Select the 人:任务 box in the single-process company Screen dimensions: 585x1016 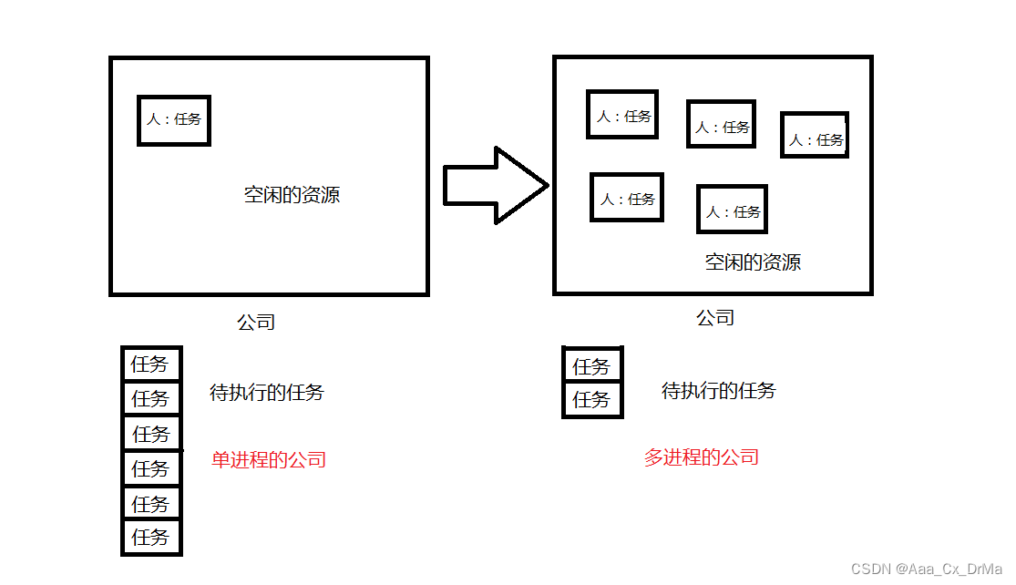tap(174, 119)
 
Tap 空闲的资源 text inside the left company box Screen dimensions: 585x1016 tap(292, 194)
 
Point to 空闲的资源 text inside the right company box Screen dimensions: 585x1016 tap(753, 262)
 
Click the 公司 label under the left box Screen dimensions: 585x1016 tap(256, 322)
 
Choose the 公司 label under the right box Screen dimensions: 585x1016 tap(715, 317)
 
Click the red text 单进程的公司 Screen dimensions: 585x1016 tap(269, 459)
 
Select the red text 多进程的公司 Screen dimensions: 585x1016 tap(702, 457)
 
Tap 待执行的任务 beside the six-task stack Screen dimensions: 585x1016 tap(267, 393)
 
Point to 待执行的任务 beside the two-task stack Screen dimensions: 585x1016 tap(719, 391)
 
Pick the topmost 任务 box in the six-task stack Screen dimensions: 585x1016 tap(151, 364)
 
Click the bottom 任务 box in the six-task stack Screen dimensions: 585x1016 tap(151, 537)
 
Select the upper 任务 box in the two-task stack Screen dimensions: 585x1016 tap(592, 366)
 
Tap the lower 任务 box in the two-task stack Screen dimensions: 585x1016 tap(592, 400)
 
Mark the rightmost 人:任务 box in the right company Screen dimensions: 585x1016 tap(815, 136)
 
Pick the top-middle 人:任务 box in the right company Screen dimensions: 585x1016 tap(721, 125)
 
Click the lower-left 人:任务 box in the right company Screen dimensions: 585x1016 tap(627, 198)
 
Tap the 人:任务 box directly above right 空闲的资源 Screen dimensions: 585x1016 tap(732, 210)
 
